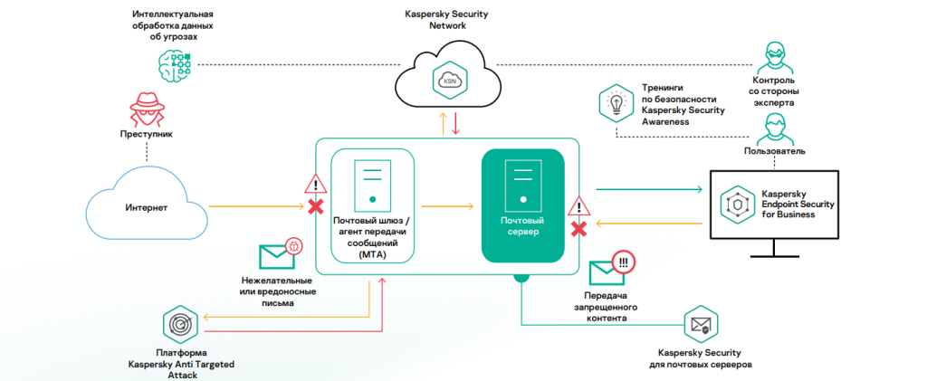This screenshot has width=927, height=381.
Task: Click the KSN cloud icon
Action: click(450, 80)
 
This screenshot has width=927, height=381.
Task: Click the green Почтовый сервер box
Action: click(522, 206)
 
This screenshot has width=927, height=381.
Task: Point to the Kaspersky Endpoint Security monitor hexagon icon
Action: click(738, 205)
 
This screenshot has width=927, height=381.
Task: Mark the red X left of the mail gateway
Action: click(316, 207)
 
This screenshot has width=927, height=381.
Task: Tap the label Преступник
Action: click(146, 134)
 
